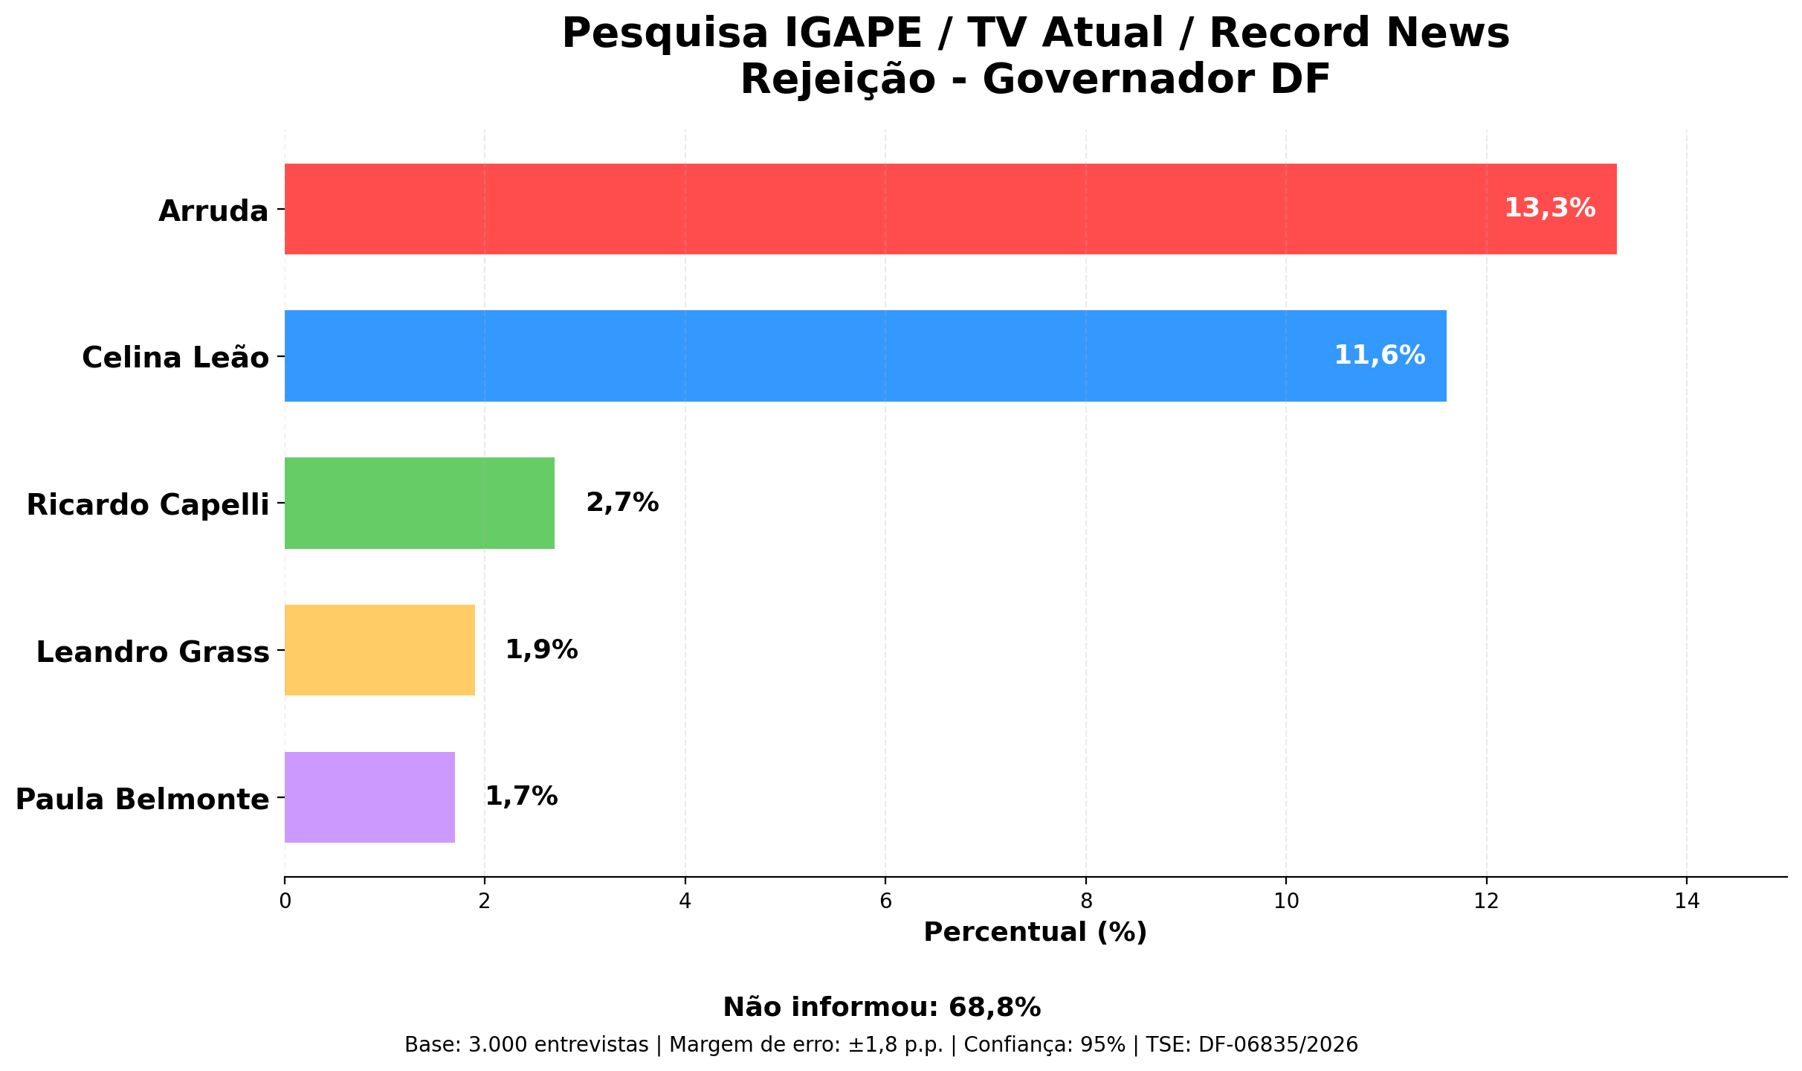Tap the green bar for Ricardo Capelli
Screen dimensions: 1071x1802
pos(419,503)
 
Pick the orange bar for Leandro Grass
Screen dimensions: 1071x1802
pos(379,650)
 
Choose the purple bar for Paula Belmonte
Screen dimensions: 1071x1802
pos(369,797)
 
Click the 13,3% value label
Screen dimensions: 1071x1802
pos(1550,208)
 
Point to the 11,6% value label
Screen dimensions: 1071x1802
pos(1380,356)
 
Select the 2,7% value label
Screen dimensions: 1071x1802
pos(622,503)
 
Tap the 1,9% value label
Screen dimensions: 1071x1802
pos(541,650)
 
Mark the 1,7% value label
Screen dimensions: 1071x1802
pos(521,797)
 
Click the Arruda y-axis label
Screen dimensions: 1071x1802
pos(213,212)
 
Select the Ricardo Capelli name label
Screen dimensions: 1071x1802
pos(148,505)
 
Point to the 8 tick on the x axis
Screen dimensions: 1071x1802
pos(1085,901)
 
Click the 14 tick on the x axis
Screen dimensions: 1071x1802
pos(1686,901)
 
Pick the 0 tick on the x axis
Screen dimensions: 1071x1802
pos(285,901)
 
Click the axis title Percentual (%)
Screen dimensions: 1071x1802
pos(1035,932)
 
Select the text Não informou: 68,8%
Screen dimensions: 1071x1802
pos(882,1008)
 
